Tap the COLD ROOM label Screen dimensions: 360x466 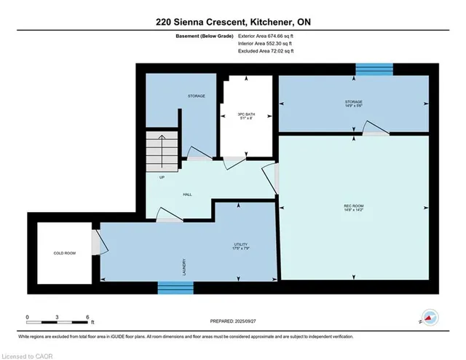(64, 253)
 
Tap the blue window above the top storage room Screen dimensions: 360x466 (374, 69)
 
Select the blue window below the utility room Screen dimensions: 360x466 (175, 288)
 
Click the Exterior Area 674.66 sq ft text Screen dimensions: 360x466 (266, 36)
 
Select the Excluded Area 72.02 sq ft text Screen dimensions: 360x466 (266, 52)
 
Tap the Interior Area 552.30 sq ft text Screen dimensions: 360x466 (266, 44)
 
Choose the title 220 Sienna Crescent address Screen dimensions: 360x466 (232, 22)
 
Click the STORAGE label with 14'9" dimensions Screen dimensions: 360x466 (354, 103)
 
